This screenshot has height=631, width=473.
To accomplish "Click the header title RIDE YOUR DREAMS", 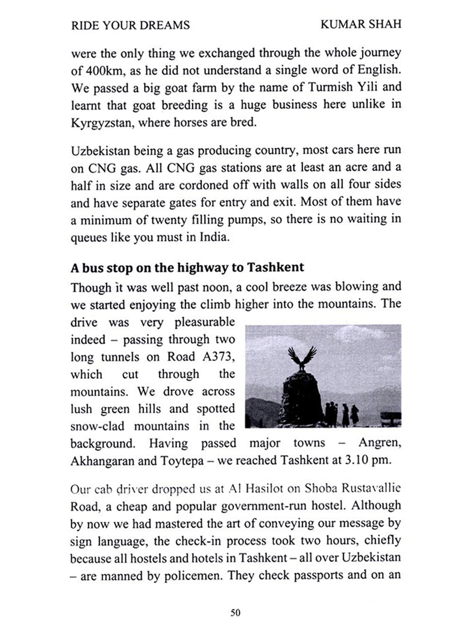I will pyautogui.click(x=130, y=25).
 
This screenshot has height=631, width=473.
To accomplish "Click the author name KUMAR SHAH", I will pyautogui.click(x=361, y=24).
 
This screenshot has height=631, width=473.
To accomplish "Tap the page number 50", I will pyautogui.click(x=236, y=613).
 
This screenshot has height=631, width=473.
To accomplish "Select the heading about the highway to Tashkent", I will pyautogui.click(x=187, y=268).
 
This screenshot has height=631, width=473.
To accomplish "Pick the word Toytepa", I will pyautogui.click(x=182, y=461).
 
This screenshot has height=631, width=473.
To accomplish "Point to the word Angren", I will pyautogui.click(x=380, y=443).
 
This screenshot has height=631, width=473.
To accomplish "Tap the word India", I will pyautogui.click(x=213, y=237).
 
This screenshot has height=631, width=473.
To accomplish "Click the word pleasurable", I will pyautogui.click(x=204, y=322).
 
